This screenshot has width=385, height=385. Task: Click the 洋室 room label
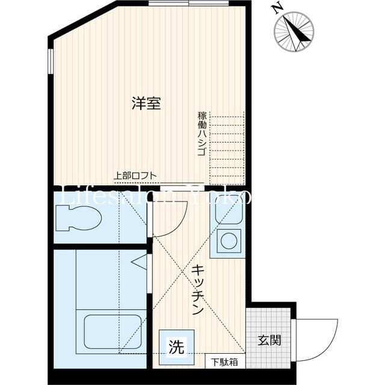tap(146, 103)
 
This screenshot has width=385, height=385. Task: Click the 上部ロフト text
tap(136, 176)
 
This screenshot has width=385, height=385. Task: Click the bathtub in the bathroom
tap(112, 331)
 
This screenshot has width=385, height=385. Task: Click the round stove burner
tap(230, 240)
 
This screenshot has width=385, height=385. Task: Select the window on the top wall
tap(189, 4)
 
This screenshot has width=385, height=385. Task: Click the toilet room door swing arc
tap(174, 217)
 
